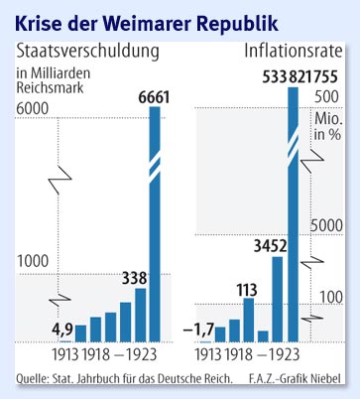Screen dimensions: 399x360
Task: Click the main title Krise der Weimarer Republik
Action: [x=147, y=19]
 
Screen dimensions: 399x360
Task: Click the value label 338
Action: [x=135, y=277]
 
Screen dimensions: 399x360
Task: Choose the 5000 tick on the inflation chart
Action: [x=326, y=225]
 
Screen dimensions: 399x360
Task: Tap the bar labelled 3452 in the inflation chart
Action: [x=278, y=299]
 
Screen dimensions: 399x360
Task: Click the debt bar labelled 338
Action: [x=140, y=315]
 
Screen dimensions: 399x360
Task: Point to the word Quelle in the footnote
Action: [x=34, y=379]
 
